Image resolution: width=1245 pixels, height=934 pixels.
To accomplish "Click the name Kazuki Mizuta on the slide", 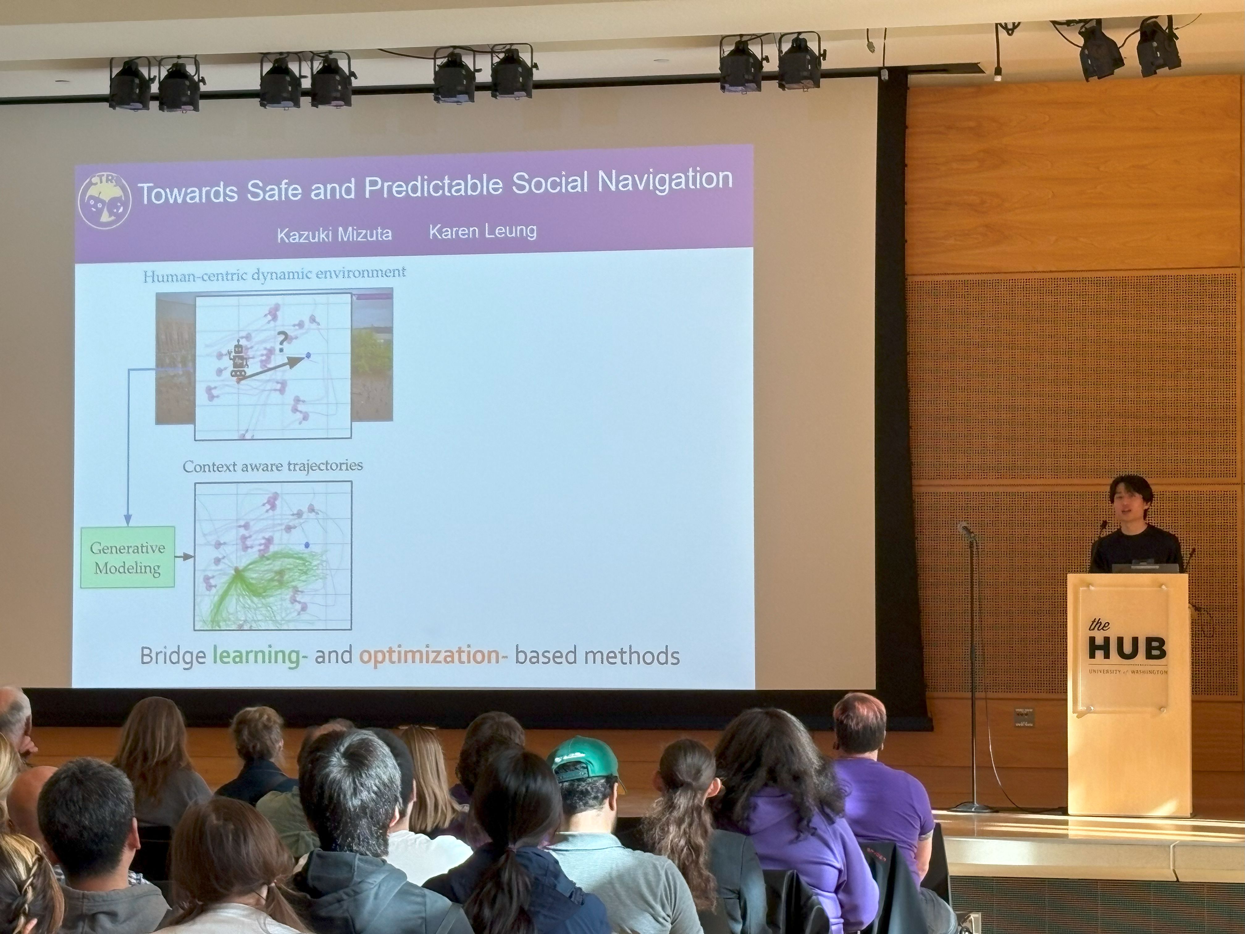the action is (334, 233).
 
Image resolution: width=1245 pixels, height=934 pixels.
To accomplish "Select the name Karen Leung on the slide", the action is (483, 231).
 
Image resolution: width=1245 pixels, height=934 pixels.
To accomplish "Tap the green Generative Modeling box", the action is (128, 557).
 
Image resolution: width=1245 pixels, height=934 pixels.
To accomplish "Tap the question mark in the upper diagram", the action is (281, 342).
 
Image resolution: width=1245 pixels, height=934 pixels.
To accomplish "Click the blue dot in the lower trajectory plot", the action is (307, 545).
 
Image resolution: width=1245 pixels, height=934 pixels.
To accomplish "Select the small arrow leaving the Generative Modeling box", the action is (184, 557).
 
